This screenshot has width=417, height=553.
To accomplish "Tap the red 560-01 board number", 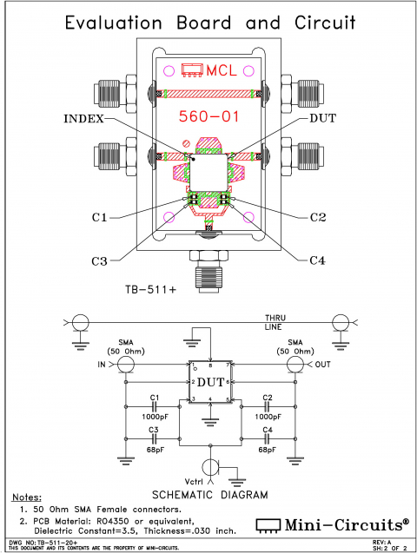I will pyautogui.click(x=207, y=115).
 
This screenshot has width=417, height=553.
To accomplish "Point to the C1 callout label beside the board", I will pyautogui.click(x=97, y=216).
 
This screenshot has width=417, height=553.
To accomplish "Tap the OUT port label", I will pyautogui.click(x=324, y=365).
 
